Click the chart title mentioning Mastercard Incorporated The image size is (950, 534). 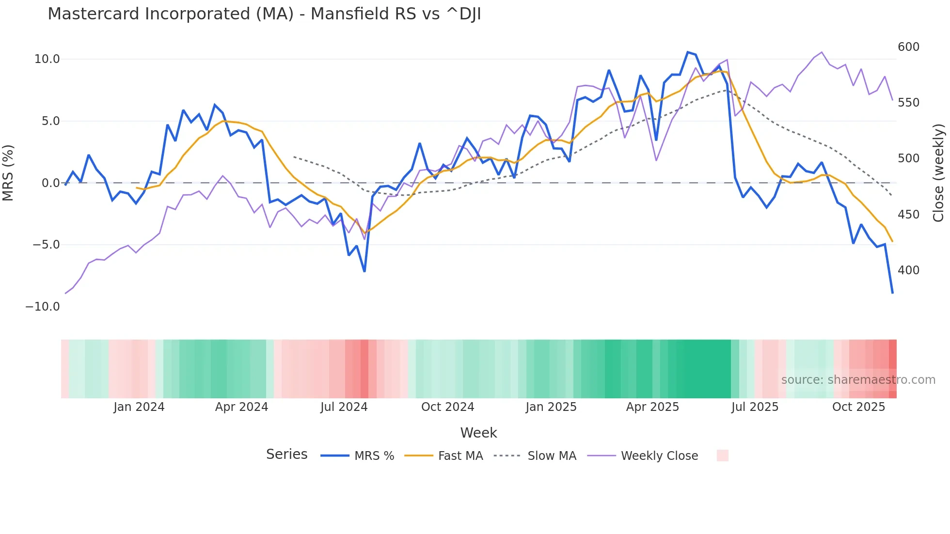(264, 14)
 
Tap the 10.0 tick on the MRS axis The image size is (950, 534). (47, 59)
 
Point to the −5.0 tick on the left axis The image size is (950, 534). (46, 245)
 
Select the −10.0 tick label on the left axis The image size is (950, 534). (43, 307)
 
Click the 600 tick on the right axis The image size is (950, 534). (908, 47)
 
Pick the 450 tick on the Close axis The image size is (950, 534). (908, 215)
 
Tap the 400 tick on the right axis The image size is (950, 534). (908, 270)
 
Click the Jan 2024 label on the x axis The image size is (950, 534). (139, 407)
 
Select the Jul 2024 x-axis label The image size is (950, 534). (344, 407)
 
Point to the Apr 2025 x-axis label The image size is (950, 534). (652, 407)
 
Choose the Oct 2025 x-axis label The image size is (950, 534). (858, 407)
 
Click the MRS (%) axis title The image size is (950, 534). (8, 173)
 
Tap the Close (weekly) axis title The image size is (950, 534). (939, 173)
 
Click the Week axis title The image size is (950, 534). (478, 433)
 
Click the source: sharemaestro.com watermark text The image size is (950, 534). (858, 380)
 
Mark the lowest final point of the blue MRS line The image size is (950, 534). (892, 293)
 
